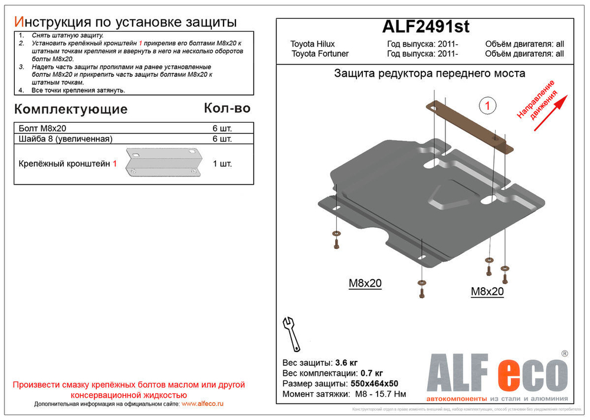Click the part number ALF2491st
pyautogui.click(x=425, y=28)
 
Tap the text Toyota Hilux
pyautogui.click(x=312, y=44)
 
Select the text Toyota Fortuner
pyautogui.click(x=320, y=54)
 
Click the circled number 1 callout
pyautogui.click(x=487, y=106)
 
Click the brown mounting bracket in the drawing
pyautogui.click(x=469, y=124)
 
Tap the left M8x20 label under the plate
pyautogui.click(x=365, y=284)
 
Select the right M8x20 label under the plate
pyautogui.click(x=487, y=291)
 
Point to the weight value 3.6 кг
pyautogui.click(x=346, y=362)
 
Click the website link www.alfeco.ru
pyautogui.click(x=202, y=403)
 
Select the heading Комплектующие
pyautogui.click(x=70, y=109)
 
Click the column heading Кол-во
pyautogui.click(x=227, y=108)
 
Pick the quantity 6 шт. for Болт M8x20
pyautogui.click(x=222, y=128)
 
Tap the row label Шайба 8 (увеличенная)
pyautogui.click(x=65, y=139)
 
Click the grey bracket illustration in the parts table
pyautogui.click(x=163, y=162)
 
